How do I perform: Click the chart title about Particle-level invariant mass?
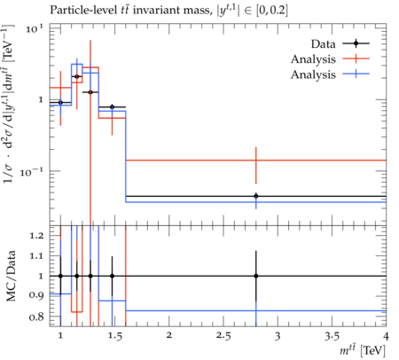tap(168, 11)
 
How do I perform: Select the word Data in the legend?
tap(323, 44)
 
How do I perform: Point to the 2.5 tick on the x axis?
tap(223, 336)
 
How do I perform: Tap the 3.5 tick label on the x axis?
tap(332, 336)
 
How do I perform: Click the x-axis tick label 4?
tap(386, 336)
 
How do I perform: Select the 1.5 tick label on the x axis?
tap(114, 336)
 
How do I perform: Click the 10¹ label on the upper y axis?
tap(34, 28)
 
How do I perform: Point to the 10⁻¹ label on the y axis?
tap(33, 171)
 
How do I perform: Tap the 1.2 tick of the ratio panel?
tap(36, 236)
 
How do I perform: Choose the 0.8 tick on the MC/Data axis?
tap(36, 317)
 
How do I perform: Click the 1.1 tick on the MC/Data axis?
tap(36, 255)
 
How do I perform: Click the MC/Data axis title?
tap(11, 276)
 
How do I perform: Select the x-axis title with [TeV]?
tap(363, 351)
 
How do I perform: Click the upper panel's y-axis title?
tap(9, 104)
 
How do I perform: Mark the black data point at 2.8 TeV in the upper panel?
tap(256, 196)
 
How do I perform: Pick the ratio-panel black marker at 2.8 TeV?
tap(256, 276)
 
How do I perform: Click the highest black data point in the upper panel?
tap(77, 76)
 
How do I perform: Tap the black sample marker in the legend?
tap(356, 43)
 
